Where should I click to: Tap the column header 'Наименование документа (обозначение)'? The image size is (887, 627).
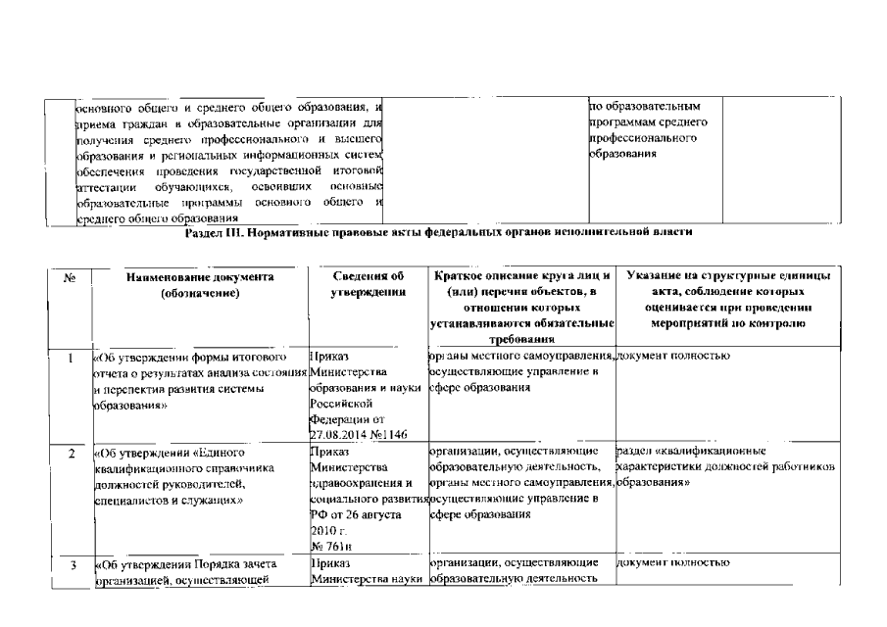(200, 285)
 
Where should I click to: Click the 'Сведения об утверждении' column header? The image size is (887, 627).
(368, 285)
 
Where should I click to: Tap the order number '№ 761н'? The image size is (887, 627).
(330, 545)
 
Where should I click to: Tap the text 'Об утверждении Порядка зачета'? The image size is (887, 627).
(186, 564)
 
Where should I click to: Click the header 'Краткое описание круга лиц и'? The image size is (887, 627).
(521, 277)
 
